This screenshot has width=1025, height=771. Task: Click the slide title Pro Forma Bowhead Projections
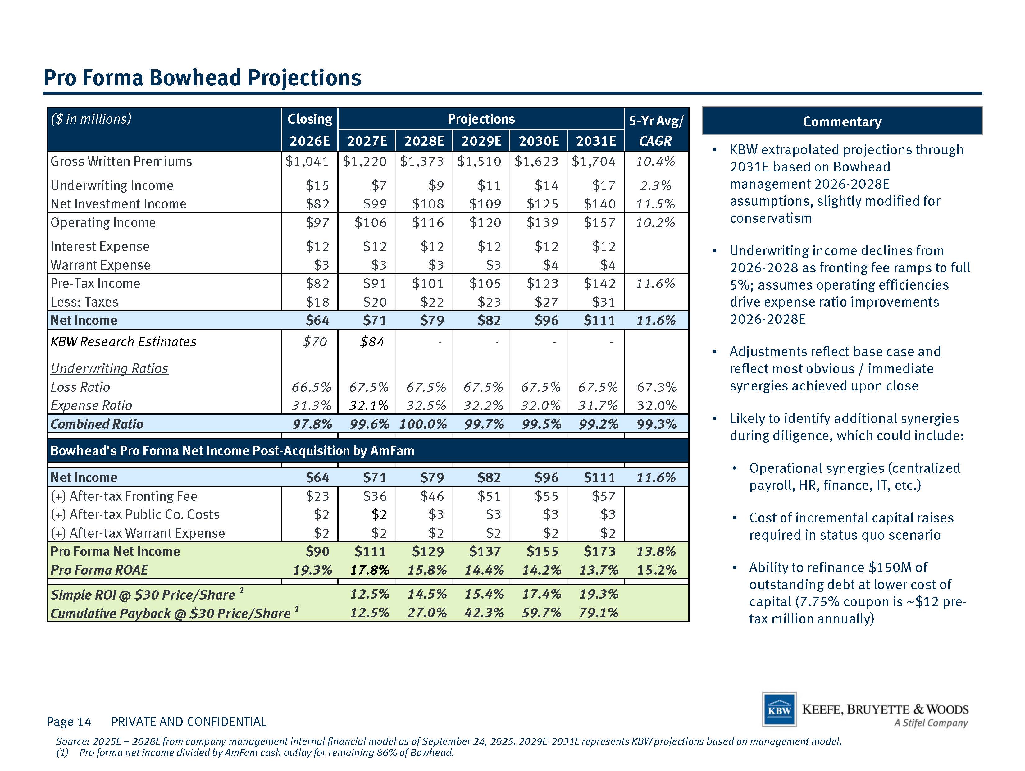tap(202, 78)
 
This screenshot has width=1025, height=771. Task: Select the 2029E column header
tap(481, 141)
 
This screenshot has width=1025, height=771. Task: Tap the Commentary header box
tap(842, 121)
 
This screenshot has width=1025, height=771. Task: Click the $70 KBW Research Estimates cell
tap(315, 342)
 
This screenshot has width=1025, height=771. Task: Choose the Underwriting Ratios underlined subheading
tap(109, 368)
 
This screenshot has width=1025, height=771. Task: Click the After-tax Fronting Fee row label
tap(124, 496)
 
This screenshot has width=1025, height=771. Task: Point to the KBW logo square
tap(779, 709)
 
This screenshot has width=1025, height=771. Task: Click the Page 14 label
tap(69, 722)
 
